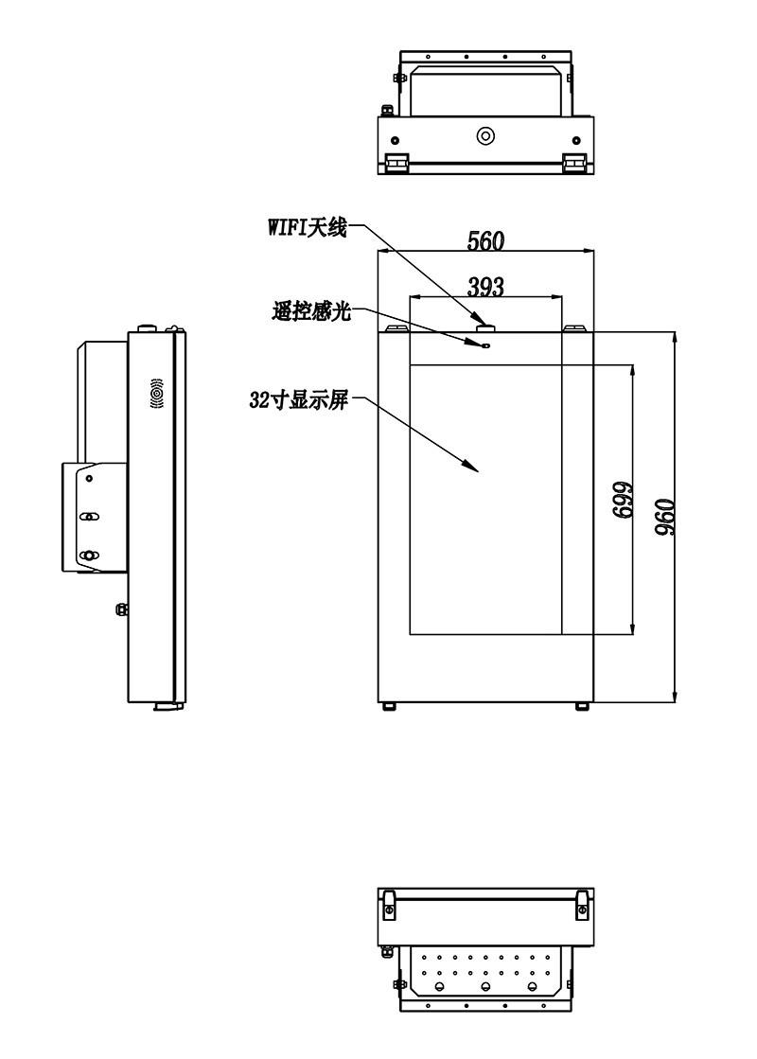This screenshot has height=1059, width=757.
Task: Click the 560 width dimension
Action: point(485,240)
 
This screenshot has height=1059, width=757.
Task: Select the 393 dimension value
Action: point(486,287)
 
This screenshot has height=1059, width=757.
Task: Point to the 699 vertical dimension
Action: point(622,500)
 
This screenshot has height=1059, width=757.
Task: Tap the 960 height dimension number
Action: point(665,517)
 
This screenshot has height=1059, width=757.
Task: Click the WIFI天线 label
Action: point(308,227)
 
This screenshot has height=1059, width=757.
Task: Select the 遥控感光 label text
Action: point(312,311)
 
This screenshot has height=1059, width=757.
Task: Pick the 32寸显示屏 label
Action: point(299,400)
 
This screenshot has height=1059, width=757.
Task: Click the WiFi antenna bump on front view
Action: point(486,327)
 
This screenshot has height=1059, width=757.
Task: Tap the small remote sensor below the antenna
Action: point(486,345)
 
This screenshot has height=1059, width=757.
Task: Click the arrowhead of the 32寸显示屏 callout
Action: point(472,466)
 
